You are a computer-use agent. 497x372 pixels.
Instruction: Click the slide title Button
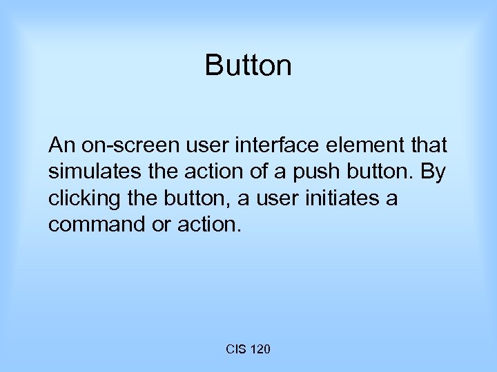[x=248, y=66]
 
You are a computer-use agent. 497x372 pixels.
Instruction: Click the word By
[x=433, y=172]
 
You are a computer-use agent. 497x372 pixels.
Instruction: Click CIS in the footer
[x=235, y=351]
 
